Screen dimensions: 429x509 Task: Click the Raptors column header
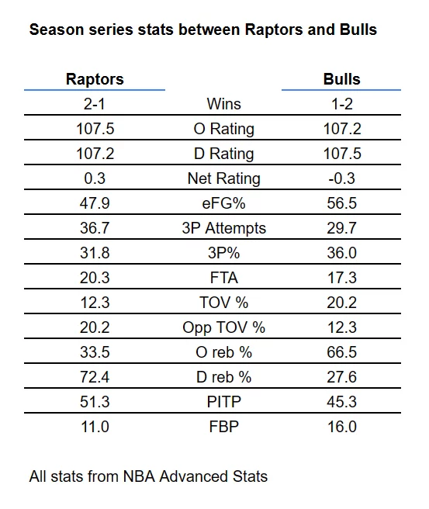tap(95, 79)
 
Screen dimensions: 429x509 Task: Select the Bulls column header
tap(341, 79)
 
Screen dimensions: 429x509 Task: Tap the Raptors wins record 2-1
tap(95, 104)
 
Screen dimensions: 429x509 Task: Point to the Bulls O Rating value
tap(342, 129)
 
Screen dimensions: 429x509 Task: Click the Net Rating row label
tap(224, 178)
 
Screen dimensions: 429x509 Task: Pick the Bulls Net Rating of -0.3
tap(341, 178)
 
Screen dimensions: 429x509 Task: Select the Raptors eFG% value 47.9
tap(95, 203)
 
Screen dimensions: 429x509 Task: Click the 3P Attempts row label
tap(224, 228)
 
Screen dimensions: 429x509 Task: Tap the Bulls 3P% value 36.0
tap(341, 253)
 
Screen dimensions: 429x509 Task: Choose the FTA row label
tap(224, 278)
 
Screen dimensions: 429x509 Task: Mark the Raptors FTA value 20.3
tap(95, 278)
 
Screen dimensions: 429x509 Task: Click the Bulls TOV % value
tap(341, 303)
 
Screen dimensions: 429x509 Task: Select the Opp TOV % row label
tap(224, 328)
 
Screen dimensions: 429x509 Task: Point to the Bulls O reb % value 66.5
tap(341, 352)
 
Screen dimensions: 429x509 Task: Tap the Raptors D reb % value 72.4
tap(95, 377)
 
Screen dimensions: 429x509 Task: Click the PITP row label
tap(224, 402)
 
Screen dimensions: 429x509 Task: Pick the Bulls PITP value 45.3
tap(341, 402)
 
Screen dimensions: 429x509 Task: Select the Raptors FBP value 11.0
tap(95, 427)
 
